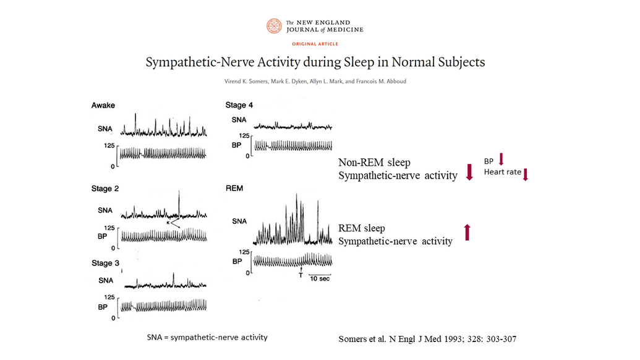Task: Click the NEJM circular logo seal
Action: (x=274, y=26)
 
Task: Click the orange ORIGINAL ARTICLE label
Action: (x=315, y=44)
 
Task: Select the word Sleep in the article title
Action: (x=359, y=62)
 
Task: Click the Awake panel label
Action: (x=103, y=105)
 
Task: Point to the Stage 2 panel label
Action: (x=105, y=189)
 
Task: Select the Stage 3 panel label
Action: (x=105, y=264)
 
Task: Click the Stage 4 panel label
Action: (x=239, y=105)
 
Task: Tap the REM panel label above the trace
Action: (x=234, y=188)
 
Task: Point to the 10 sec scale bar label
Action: (x=320, y=279)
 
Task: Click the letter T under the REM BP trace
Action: (x=301, y=275)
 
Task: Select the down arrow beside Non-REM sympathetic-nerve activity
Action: (x=469, y=172)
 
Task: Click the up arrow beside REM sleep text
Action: (x=467, y=232)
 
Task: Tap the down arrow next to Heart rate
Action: (x=526, y=174)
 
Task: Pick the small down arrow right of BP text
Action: (x=501, y=159)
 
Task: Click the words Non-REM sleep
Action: (x=374, y=163)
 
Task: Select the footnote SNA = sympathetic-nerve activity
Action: (x=207, y=338)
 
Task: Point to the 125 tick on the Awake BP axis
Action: (x=109, y=146)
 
